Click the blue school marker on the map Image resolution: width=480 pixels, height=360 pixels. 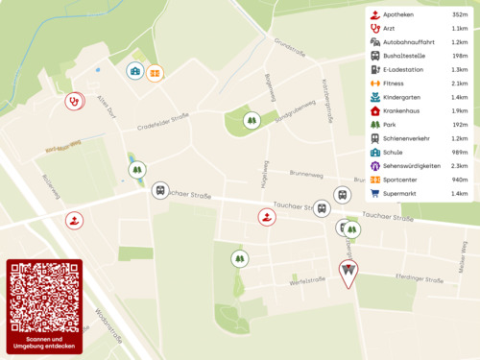point(135,71)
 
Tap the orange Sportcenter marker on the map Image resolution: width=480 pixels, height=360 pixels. point(155,72)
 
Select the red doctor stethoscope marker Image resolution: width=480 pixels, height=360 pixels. point(73,100)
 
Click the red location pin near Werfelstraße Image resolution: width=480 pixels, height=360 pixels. point(348,273)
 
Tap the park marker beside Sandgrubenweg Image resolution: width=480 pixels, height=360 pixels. point(252,120)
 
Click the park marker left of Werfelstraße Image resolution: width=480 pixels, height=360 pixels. point(239,258)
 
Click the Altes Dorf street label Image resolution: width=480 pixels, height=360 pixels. point(105,105)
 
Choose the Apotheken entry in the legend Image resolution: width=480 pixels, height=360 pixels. point(398,14)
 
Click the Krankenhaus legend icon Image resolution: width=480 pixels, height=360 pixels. point(374,110)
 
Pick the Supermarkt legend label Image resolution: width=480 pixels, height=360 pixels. point(400,193)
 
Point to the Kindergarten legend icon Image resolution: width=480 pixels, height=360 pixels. point(374,97)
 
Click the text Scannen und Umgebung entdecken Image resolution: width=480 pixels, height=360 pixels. point(44,343)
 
